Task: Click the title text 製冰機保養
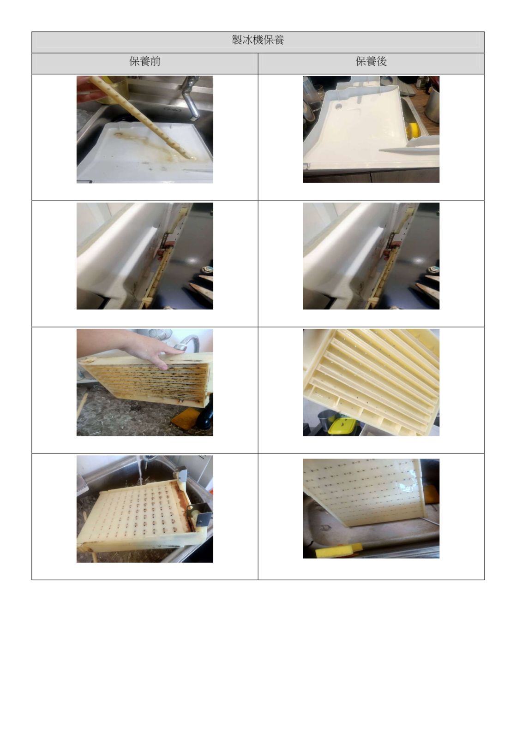point(258,40)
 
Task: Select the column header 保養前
point(144,61)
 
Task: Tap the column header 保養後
point(371,61)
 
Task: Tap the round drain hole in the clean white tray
point(338,107)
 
